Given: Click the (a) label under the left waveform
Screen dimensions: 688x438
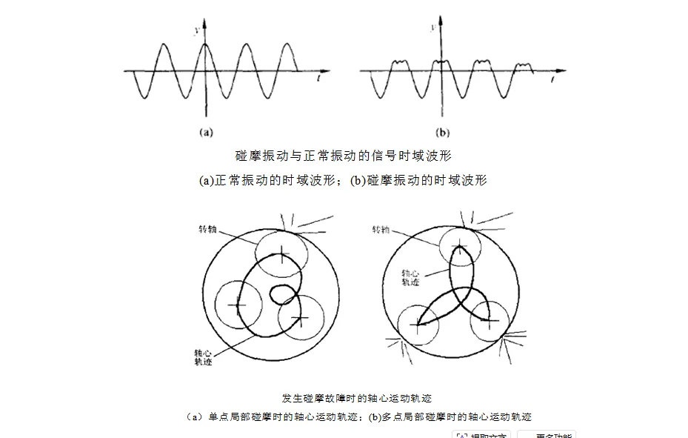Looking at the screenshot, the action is click(x=206, y=133).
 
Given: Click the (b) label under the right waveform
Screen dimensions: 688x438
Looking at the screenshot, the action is click(x=442, y=133).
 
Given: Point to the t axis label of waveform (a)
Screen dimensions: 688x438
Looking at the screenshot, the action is click(x=317, y=76).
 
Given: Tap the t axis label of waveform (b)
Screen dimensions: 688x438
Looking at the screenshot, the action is click(x=555, y=76).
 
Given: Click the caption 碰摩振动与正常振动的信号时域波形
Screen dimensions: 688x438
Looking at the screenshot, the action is click(x=344, y=156).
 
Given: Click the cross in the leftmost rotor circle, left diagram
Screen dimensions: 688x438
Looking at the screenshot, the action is click(x=237, y=305).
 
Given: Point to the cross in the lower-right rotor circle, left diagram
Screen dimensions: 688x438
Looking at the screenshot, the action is click(x=300, y=319).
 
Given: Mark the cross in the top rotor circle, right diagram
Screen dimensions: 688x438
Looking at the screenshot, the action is click(x=461, y=246).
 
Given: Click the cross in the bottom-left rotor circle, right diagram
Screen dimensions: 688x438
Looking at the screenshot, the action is click(x=419, y=325).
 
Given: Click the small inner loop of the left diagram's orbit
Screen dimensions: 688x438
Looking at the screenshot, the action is click(x=281, y=293).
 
